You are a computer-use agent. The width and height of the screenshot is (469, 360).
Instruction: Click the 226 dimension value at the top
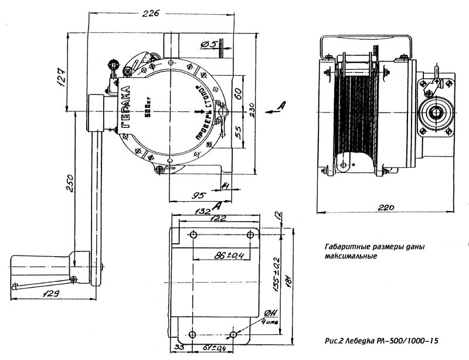pos(151,13)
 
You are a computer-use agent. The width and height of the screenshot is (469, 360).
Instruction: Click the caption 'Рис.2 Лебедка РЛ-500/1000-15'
pos(380,340)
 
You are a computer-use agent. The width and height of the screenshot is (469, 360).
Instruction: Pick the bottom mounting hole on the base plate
pos(233,335)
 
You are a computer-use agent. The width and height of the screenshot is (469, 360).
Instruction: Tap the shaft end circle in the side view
pos(435,110)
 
